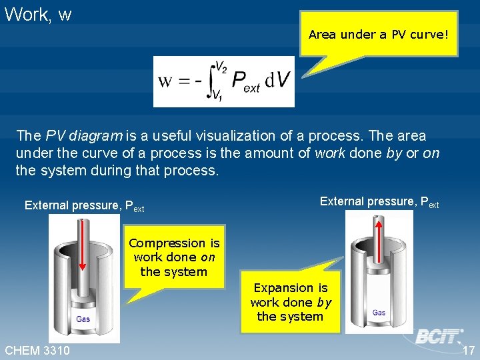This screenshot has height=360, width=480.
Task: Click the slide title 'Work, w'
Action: coord(38,15)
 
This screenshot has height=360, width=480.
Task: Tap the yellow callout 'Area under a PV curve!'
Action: coord(378,34)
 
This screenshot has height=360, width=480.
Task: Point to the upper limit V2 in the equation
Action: coord(221,67)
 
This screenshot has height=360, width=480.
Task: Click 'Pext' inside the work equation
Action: coord(245,82)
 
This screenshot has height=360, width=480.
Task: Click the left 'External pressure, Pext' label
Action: coord(84,206)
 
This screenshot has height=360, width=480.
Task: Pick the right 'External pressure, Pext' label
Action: coord(379,202)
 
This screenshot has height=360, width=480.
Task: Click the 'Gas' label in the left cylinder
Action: coord(83,319)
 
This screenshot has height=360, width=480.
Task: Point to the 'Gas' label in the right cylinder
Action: coord(379,313)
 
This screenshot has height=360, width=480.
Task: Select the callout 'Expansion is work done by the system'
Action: coord(291,302)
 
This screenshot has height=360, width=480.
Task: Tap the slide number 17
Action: coord(468,351)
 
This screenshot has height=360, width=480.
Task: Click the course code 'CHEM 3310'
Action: coord(38,351)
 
